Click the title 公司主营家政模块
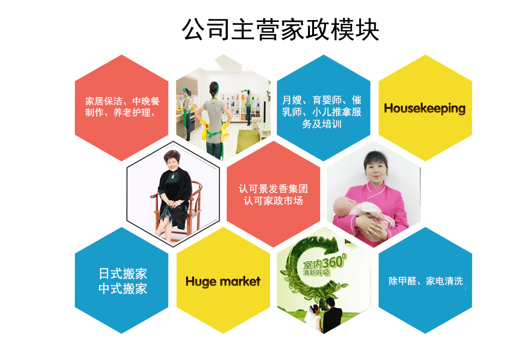280,29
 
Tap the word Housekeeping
425,109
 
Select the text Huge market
223,282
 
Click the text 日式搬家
123,274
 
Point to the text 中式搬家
123,289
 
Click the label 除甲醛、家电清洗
426,281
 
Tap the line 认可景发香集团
273,189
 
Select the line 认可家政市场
273,201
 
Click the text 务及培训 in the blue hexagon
322,124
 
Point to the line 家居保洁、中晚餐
122,101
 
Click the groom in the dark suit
331,316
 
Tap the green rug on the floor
249,141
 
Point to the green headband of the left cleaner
186,92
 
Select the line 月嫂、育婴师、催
322,100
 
